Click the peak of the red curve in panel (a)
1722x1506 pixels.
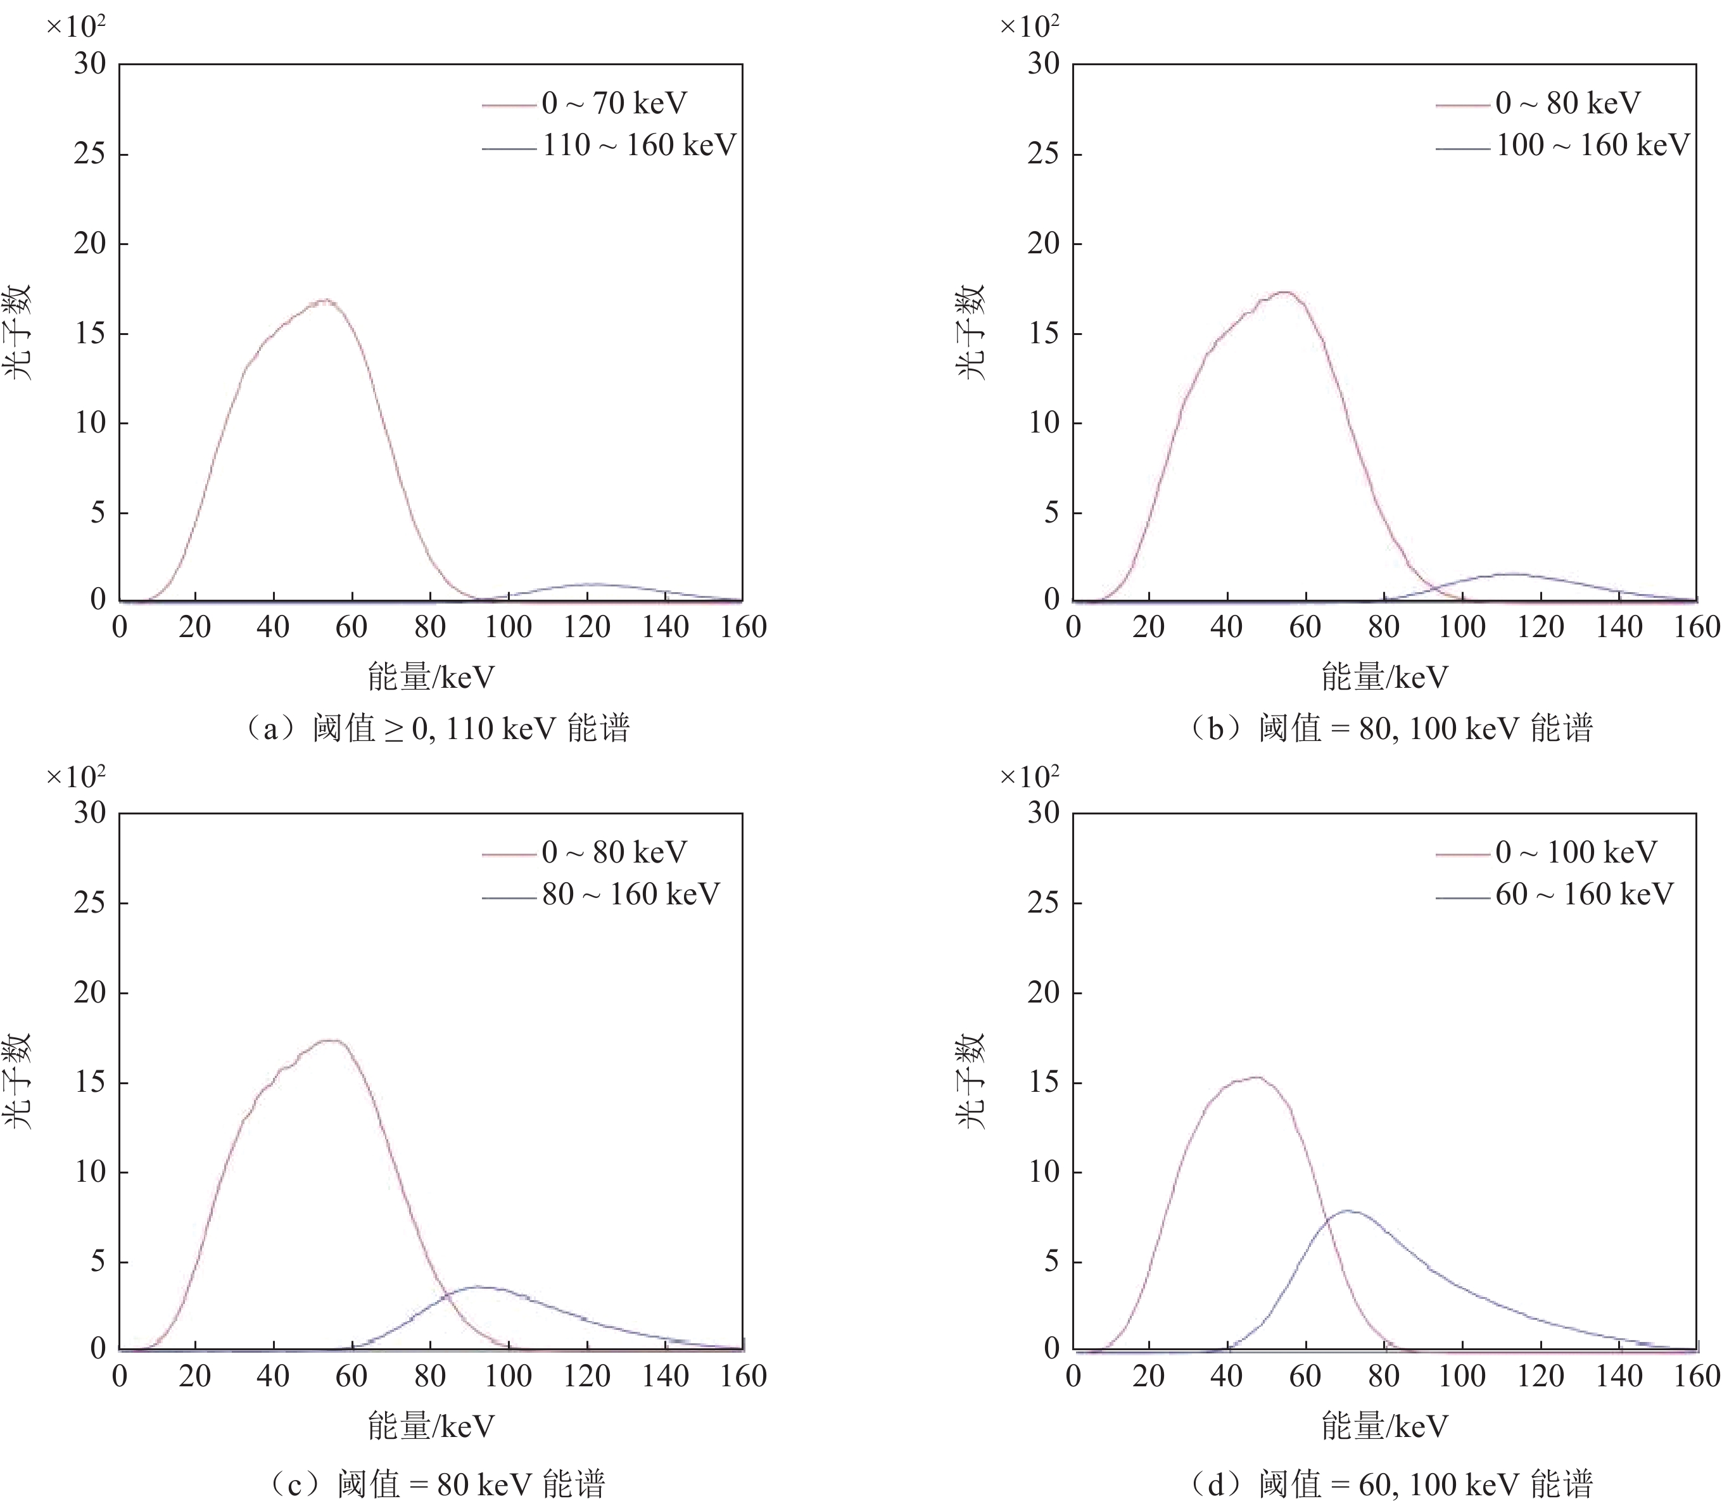326,300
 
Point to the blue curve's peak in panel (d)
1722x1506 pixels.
1348,1211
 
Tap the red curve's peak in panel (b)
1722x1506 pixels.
1285,293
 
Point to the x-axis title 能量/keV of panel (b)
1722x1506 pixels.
1384,676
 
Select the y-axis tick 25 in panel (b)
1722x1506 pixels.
1043,154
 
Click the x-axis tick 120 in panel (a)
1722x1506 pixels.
586,627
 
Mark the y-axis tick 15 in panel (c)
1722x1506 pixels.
90,1082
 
